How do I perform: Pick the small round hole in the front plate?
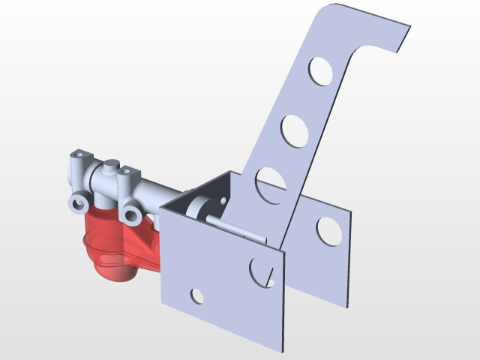[197, 296]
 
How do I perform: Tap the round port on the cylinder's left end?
[76, 202]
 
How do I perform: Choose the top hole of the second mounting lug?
[125, 172]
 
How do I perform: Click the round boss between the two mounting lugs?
[110, 164]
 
